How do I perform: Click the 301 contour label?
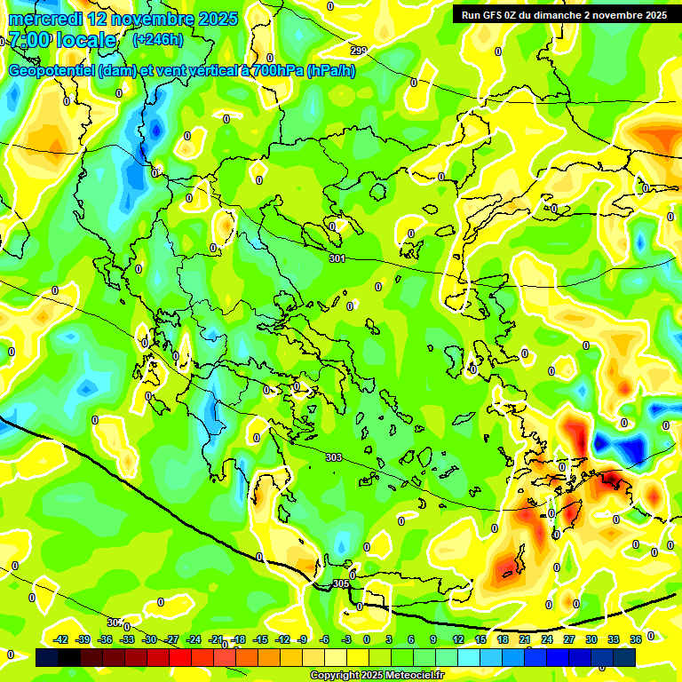tap(337, 258)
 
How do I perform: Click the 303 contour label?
tap(333, 457)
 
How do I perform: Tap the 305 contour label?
tap(340, 583)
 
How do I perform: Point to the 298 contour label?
tap(359, 51)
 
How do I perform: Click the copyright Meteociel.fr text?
tap(377, 676)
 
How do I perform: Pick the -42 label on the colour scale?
tap(61, 639)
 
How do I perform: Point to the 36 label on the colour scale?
tap(636, 639)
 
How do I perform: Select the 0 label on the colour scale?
tap(367, 639)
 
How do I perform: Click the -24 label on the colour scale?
tap(194, 639)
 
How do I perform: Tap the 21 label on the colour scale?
tap(525, 639)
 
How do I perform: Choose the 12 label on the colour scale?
tap(458, 639)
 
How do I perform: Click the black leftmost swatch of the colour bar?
tap(46, 658)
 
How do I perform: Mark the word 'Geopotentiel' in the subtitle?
tap(52, 71)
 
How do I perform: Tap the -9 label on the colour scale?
tap(302, 639)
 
